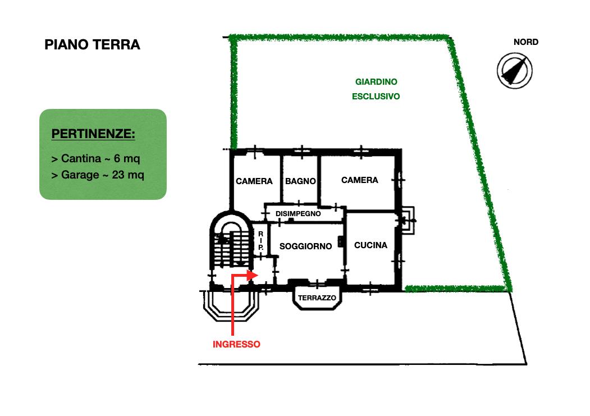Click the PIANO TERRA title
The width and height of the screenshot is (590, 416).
pos(92,45)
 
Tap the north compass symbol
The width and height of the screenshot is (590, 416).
pos(514,71)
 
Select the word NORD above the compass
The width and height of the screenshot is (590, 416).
pos(525,42)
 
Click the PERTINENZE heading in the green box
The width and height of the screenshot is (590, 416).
pos(93,134)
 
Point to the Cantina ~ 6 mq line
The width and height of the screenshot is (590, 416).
pos(95,159)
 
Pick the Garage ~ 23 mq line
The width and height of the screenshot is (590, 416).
pos(98,175)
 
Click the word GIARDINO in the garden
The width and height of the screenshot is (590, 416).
pos(376,82)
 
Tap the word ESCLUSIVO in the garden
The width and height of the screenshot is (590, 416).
pos(376,97)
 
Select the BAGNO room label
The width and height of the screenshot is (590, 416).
pos(300,181)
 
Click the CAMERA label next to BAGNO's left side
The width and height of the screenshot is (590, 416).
pos(254,181)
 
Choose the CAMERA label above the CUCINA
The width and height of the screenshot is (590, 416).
pos(359,180)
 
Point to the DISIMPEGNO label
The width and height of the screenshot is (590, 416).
pos(298,214)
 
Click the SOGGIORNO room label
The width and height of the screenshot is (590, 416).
pos(305,246)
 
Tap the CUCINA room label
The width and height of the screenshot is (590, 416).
pos(371,245)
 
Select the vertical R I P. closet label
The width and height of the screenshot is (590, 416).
pos(261,241)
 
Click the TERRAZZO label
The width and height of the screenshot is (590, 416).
pos(317,298)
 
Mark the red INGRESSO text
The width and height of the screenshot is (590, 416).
pos(236,344)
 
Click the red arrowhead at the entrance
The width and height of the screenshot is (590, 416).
pos(253,275)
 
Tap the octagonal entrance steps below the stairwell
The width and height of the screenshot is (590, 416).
pos(231,306)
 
